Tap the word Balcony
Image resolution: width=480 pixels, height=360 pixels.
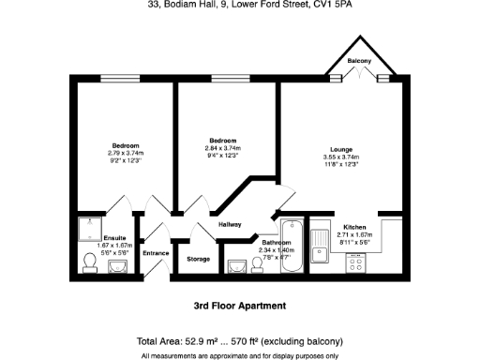(x=359, y=61)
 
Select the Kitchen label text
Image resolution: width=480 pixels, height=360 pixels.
(x=354, y=228)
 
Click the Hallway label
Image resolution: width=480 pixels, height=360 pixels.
(x=230, y=224)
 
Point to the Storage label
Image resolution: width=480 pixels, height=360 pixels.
(x=198, y=259)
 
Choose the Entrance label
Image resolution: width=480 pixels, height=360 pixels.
(x=156, y=253)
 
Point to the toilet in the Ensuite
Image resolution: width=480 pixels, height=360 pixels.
(x=89, y=261)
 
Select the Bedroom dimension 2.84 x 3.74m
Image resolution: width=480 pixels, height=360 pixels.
(x=223, y=149)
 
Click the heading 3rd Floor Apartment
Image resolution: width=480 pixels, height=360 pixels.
(x=232, y=307)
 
